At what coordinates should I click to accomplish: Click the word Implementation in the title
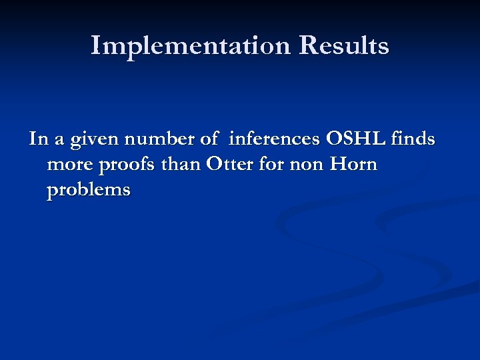pyautogui.click(x=191, y=46)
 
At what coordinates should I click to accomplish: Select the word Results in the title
pyautogui.click(x=344, y=46)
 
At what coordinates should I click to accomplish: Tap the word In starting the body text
pyautogui.click(x=37, y=139)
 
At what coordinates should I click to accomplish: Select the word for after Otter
pyautogui.click(x=271, y=165)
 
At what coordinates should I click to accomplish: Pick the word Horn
pyautogui.click(x=354, y=165)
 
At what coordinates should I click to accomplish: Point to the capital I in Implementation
pyautogui.click(x=96, y=45)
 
